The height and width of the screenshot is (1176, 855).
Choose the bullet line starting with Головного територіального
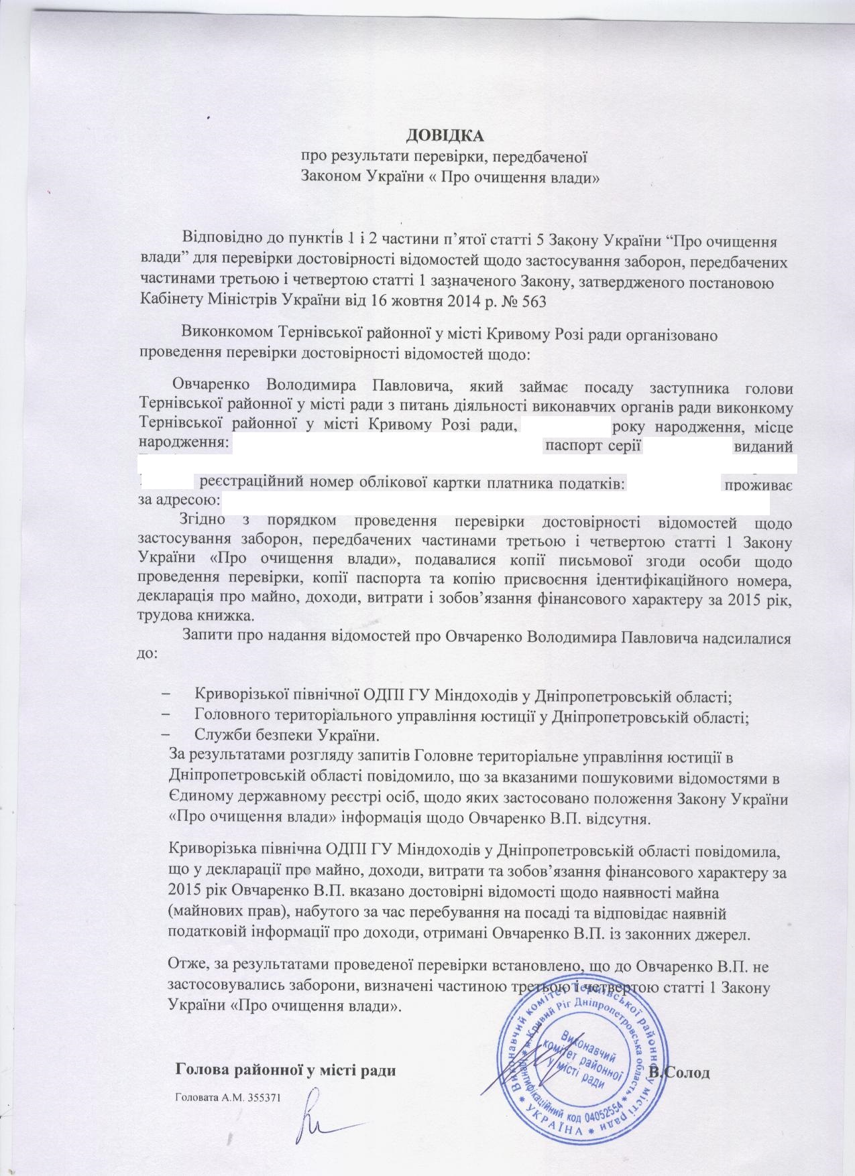(471, 714)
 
